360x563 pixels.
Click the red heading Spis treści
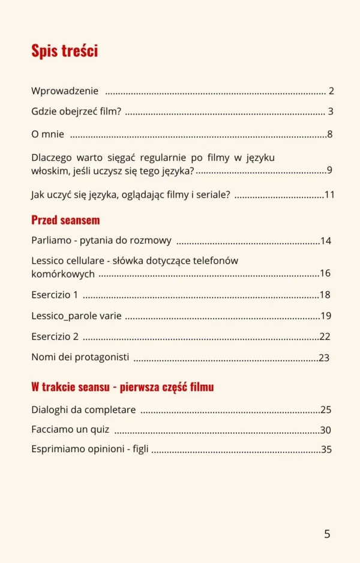coord(64,51)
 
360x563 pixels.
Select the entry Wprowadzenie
coord(65,91)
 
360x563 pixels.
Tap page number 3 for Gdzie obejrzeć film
coord(331,112)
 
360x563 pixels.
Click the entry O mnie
coord(47,134)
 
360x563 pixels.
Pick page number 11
coord(329,195)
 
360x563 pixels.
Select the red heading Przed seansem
coord(65,220)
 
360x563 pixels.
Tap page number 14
coord(326,241)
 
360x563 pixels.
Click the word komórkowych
coord(63,274)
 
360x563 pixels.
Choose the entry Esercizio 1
coord(55,295)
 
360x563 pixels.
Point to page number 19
coord(326,316)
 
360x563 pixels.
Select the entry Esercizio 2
coord(55,336)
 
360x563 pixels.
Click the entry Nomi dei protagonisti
coord(80,357)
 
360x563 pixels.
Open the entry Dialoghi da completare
coord(83,410)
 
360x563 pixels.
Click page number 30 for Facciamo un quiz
coord(326,430)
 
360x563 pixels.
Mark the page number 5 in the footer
coord(327,534)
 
